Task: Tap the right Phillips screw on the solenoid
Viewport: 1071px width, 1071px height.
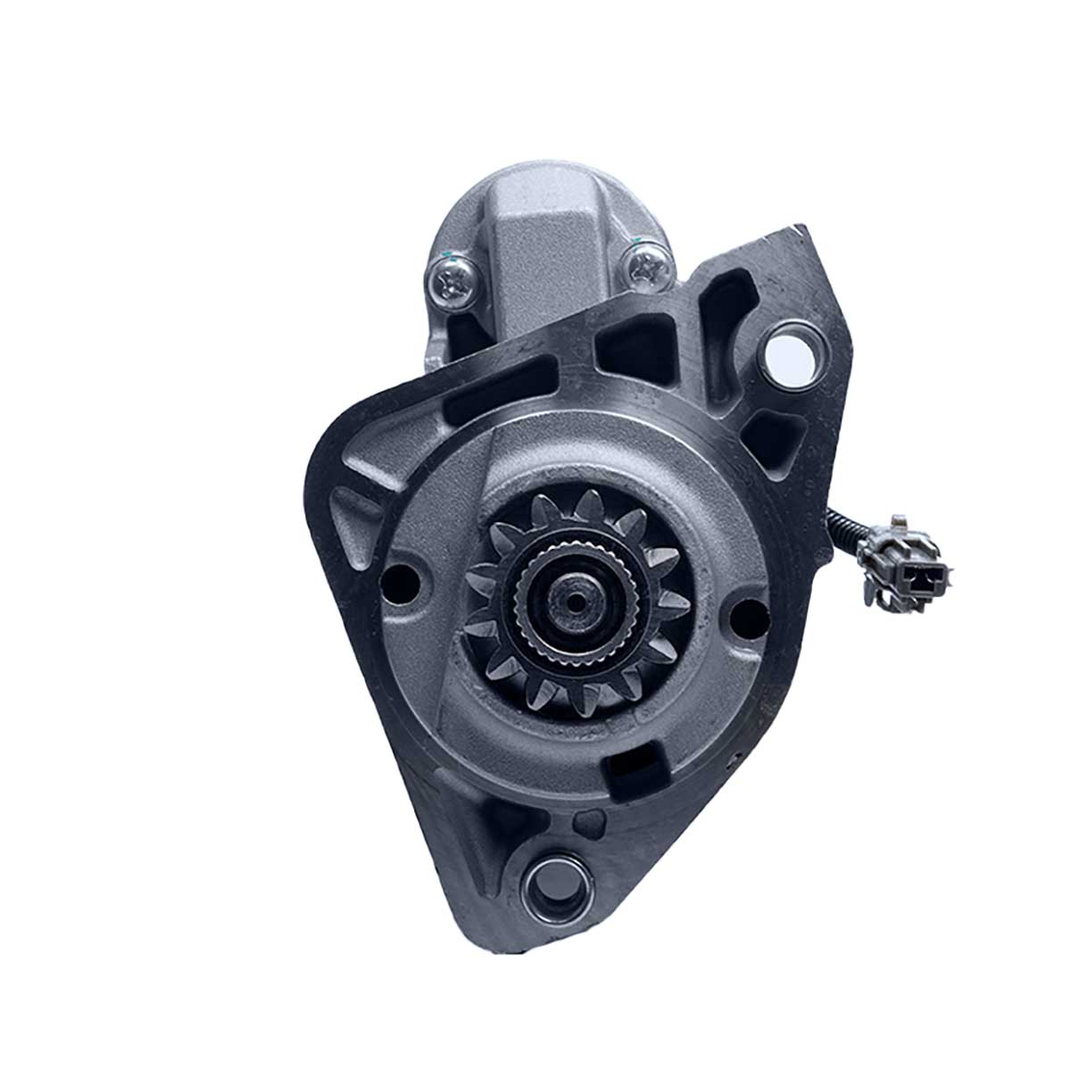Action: click(644, 265)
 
